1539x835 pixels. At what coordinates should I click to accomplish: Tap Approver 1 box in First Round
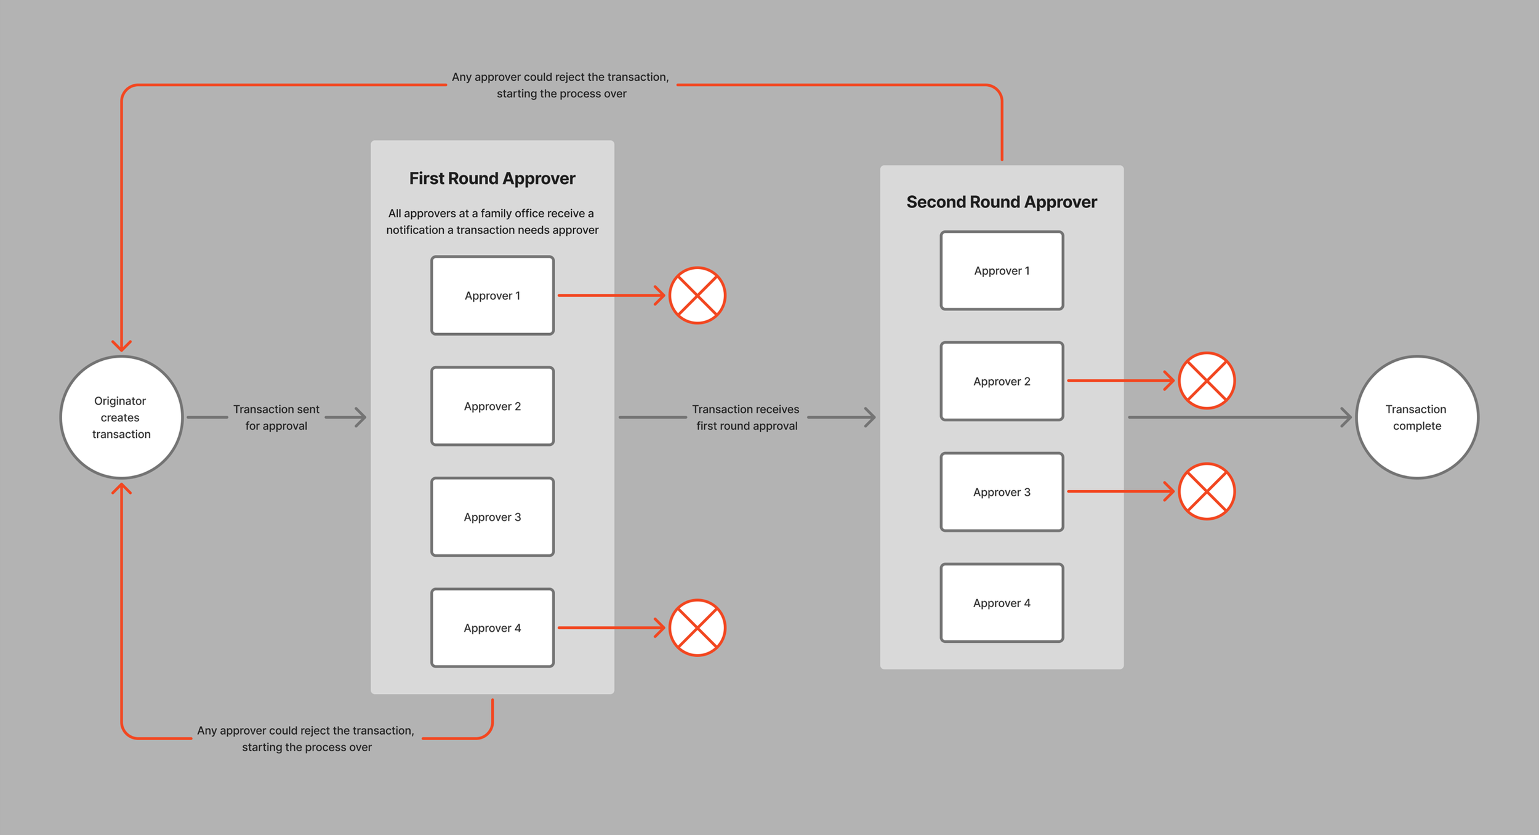[492, 296]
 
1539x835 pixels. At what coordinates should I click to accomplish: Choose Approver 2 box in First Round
[492, 406]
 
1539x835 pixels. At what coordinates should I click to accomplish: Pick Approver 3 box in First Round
[492, 517]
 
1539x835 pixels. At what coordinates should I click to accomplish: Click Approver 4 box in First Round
[492, 628]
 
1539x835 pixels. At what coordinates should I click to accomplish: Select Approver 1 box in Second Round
[1002, 270]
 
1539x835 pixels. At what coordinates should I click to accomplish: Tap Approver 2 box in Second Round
[1002, 381]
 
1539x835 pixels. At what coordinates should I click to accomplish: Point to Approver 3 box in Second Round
[1002, 492]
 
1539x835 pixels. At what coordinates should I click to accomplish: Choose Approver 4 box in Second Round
[1002, 603]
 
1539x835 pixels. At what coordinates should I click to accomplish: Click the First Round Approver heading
[492, 179]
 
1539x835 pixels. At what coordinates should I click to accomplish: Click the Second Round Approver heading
[1002, 202]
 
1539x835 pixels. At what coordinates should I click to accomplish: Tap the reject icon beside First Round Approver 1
[697, 296]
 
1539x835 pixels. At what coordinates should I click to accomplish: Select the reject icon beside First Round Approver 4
[697, 628]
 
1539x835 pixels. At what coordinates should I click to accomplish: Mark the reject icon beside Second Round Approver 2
[1207, 381]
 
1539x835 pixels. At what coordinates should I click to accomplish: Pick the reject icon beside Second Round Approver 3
[1207, 491]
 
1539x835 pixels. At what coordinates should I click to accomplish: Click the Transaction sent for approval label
[276, 418]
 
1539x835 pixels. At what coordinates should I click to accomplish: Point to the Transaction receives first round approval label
[746, 418]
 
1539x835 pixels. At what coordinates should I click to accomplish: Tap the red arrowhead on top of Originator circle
[121, 345]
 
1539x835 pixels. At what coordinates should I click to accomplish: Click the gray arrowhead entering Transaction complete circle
[1346, 417]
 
